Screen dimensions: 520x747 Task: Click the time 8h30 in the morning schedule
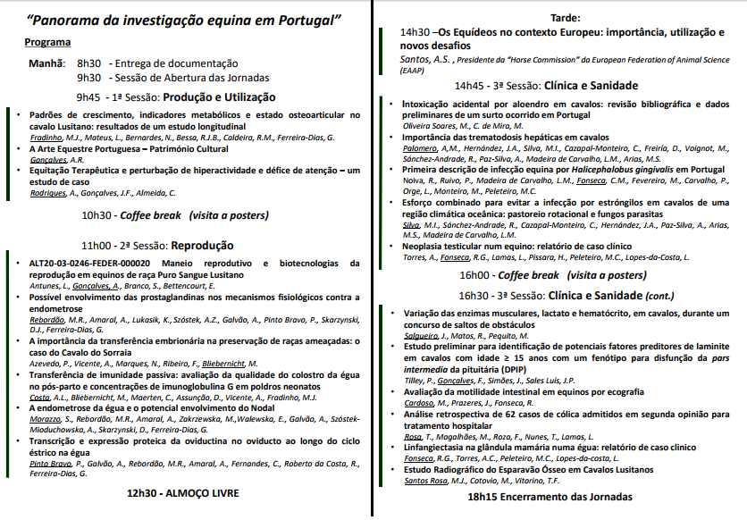[89, 63]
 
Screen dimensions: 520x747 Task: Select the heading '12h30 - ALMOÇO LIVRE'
[182, 492]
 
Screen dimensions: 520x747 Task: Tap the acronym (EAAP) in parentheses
[414, 71]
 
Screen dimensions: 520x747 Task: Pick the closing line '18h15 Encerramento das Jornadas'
[551, 497]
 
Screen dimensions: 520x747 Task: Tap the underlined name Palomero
[424, 148]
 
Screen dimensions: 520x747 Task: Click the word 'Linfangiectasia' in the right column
[443, 447]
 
